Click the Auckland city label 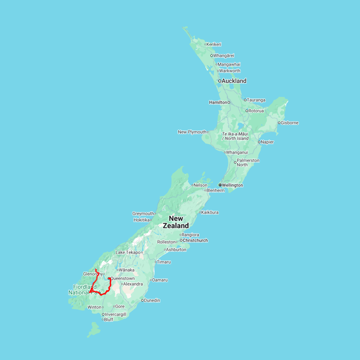point(234,81)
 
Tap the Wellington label point(233,185)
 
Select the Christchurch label point(196,240)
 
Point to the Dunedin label point(152,300)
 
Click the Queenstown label point(122,278)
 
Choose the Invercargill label point(116,314)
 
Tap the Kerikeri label point(214,44)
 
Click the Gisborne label point(290,123)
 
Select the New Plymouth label point(192,132)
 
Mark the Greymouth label point(143,214)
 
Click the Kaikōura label point(210,212)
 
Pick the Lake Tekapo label point(128,252)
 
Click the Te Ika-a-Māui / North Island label point(235,136)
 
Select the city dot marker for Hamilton point(229,102)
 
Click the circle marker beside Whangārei point(212,56)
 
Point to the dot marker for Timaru point(155,262)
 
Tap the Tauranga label point(256,100)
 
